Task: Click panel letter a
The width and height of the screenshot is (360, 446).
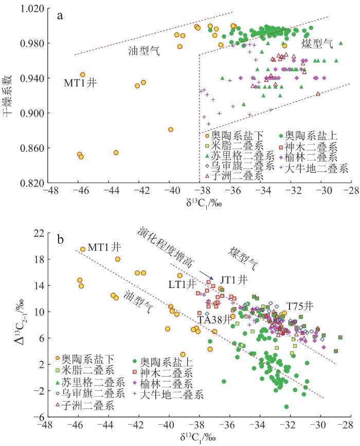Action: click(x=61, y=15)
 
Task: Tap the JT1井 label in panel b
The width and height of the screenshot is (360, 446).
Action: click(x=234, y=279)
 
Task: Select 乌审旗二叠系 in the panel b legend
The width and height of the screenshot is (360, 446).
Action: click(x=96, y=394)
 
